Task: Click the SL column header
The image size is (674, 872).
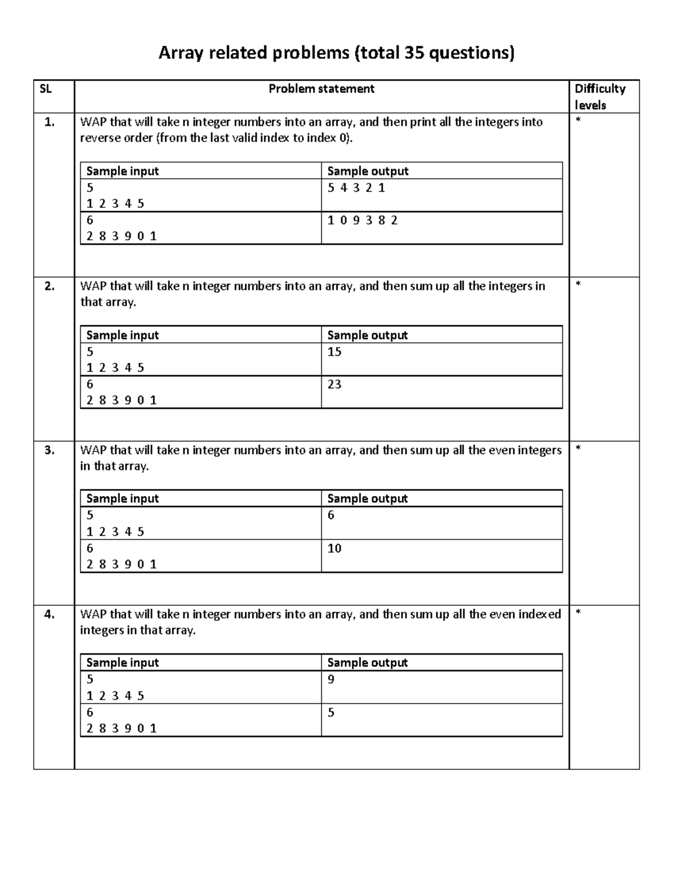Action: click(45, 89)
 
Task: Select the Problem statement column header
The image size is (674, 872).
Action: click(321, 89)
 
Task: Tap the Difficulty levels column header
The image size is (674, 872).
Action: click(599, 97)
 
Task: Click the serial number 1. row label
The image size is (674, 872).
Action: click(50, 122)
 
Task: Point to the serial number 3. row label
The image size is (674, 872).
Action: click(50, 450)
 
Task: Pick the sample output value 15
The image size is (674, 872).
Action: click(334, 351)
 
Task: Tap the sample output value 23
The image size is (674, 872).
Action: click(334, 384)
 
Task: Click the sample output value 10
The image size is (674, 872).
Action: click(334, 548)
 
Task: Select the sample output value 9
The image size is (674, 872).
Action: click(331, 679)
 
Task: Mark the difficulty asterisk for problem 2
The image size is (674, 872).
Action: click(579, 285)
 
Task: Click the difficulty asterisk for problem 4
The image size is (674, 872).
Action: click(579, 613)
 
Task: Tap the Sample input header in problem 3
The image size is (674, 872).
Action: click(122, 499)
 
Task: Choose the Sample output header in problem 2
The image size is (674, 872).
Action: click(367, 335)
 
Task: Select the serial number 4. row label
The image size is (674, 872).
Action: click(50, 614)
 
